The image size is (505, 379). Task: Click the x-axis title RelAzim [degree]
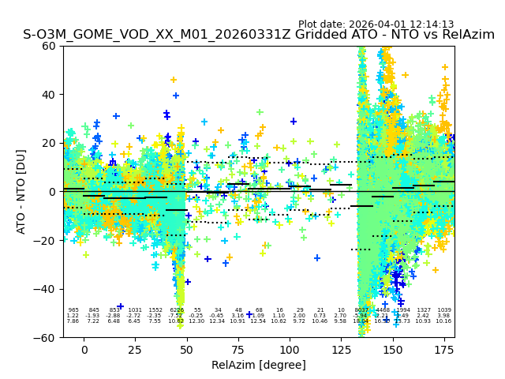(x=259, y=365)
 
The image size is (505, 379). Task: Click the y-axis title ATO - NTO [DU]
(x=21, y=192)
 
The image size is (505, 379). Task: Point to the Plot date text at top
(x=376, y=24)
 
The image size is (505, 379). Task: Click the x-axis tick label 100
(x=290, y=349)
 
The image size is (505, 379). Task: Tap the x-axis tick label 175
(x=443, y=349)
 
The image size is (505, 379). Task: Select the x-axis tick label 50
(x=187, y=349)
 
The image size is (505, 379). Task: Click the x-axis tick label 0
(x=84, y=349)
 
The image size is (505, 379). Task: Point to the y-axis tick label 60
(x=49, y=46)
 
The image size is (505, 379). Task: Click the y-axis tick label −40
(x=46, y=289)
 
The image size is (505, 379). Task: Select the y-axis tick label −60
(x=46, y=337)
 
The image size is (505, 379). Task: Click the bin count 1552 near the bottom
(x=155, y=310)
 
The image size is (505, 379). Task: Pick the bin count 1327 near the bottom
(x=424, y=310)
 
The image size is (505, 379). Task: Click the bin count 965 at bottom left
(x=73, y=310)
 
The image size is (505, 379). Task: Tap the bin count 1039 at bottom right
(x=444, y=310)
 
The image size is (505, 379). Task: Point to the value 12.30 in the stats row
(x=196, y=321)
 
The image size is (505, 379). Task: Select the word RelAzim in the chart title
(x=466, y=35)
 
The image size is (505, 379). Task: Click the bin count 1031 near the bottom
(x=135, y=310)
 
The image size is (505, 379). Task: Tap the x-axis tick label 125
(x=341, y=349)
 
